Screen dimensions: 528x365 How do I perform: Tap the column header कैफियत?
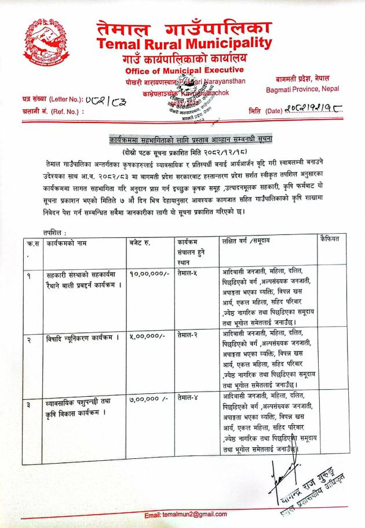click(x=331, y=239)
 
